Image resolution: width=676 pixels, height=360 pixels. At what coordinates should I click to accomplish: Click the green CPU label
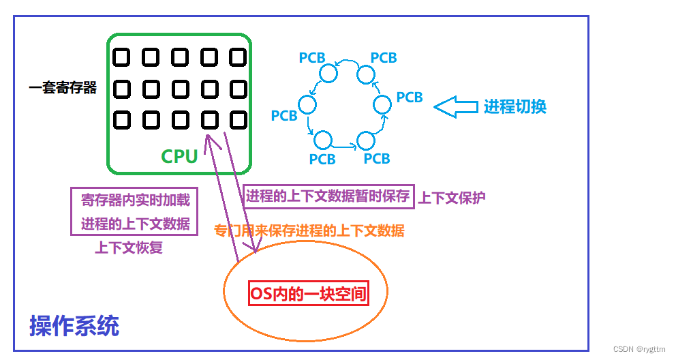coord(179,156)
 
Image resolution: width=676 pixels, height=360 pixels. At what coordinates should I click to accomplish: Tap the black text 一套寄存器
coord(63,88)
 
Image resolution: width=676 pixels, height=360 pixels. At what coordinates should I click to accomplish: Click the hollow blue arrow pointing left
coord(456,106)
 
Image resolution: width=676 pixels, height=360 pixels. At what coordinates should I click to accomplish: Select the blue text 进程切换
coord(515,106)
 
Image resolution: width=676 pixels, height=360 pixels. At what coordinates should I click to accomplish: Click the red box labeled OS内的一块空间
coord(309,295)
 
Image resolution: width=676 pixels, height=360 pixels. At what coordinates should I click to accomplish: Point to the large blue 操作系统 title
coord(74,326)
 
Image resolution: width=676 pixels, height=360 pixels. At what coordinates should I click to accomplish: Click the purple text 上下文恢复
coord(129,247)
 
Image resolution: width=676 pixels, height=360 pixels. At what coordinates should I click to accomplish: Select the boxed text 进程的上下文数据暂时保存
coord(328,196)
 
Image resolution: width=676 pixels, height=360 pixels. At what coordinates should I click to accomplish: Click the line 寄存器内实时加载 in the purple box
coord(135,200)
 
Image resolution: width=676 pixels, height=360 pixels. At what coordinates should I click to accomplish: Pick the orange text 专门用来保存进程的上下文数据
coord(309,230)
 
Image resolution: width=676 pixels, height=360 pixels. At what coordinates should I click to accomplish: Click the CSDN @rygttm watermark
coord(639,349)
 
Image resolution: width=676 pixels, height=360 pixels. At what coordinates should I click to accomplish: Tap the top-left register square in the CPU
coord(121,57)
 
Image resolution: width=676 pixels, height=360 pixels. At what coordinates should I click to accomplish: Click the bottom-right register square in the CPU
coord(238,120)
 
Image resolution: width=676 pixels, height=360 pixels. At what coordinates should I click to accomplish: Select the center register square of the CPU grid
coord(180,89)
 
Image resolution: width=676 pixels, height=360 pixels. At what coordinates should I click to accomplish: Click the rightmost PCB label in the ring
coord(410,97)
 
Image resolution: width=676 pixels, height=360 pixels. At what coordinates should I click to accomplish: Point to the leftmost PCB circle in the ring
coord(307,104)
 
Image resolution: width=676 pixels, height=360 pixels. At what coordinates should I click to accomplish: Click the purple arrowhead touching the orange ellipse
coord(255,249)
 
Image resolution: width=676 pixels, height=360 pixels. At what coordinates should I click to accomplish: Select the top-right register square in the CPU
coord(238,57)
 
